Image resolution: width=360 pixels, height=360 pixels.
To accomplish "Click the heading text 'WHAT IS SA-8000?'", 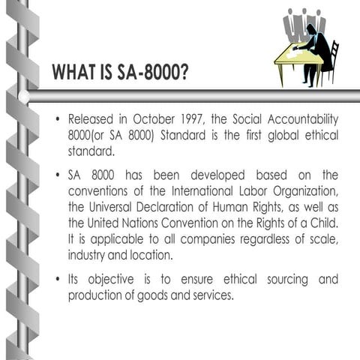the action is click(x=120, y=73).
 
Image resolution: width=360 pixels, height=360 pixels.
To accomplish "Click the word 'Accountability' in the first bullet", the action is click(x=300, y=120).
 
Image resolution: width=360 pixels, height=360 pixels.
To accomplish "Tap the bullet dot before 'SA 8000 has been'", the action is click(x=57, y=175).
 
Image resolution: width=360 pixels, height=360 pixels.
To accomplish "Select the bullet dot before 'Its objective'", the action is click(x=57, y=280).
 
